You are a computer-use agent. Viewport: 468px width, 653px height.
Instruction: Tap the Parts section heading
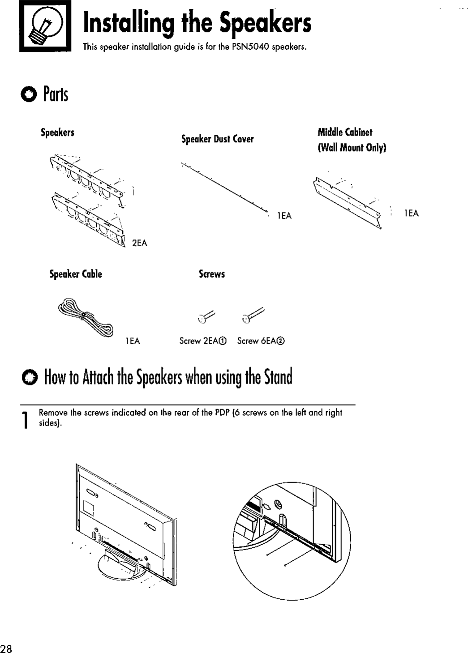tap(56, 94)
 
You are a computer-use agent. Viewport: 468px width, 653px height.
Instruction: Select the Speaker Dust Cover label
tap(217, 139)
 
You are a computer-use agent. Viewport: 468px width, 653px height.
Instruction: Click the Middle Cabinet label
tap(345, 132)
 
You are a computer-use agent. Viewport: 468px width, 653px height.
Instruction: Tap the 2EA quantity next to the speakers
tap(139, 243)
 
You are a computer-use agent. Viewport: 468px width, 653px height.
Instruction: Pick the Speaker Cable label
tap(76, 274)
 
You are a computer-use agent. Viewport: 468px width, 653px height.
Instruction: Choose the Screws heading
tap(211, 274)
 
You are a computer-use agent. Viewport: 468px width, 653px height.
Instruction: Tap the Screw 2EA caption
tap(203, 341)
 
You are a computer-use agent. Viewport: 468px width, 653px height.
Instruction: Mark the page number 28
tap(7, 649)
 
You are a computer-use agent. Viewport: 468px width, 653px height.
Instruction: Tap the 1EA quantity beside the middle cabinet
tap(411, 213)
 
